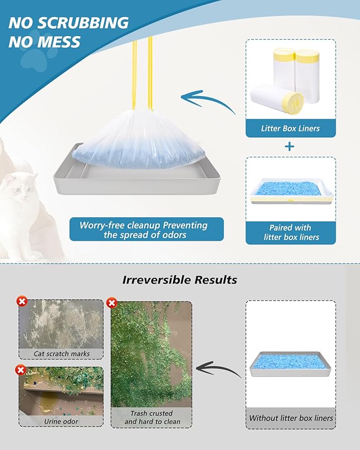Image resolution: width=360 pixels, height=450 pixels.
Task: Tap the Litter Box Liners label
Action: point(290,128)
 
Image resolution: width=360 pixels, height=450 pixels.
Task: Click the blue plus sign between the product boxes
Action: point(289,146)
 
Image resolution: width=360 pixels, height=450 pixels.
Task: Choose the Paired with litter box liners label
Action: point(290,232)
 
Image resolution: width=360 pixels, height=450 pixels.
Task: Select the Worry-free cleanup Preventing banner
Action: point(146,229)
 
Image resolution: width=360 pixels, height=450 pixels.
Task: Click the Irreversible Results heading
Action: point(180,279)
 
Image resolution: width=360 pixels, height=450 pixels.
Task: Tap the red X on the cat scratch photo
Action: point(22,302)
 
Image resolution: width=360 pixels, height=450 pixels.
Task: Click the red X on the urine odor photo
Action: point(21,369)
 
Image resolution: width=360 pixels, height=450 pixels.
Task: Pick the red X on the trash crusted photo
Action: point(112,303)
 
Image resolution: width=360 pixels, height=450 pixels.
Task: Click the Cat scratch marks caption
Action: point(62,354)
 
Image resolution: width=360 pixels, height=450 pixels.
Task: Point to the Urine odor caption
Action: point(62,421)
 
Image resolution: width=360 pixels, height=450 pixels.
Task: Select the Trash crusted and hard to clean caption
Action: point(152,418)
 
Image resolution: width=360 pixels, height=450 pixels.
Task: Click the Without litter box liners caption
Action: point(291,418)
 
